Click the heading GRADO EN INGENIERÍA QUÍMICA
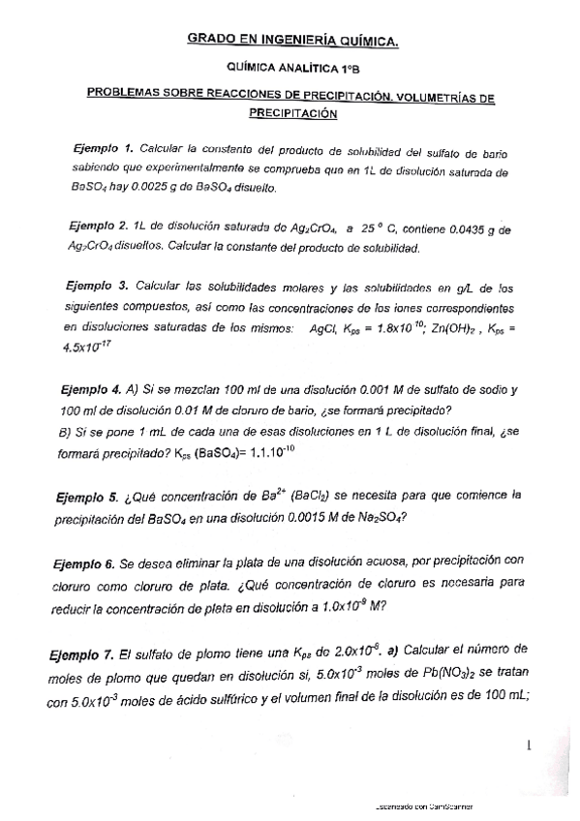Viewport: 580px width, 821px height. click(291, 40)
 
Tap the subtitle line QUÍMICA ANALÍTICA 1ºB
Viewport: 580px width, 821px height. click(290, 70)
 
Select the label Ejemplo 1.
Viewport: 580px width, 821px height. click(103, 149)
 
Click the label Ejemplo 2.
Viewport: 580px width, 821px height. click(100, 228)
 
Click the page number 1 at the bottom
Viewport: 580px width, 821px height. click(530, 745)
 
